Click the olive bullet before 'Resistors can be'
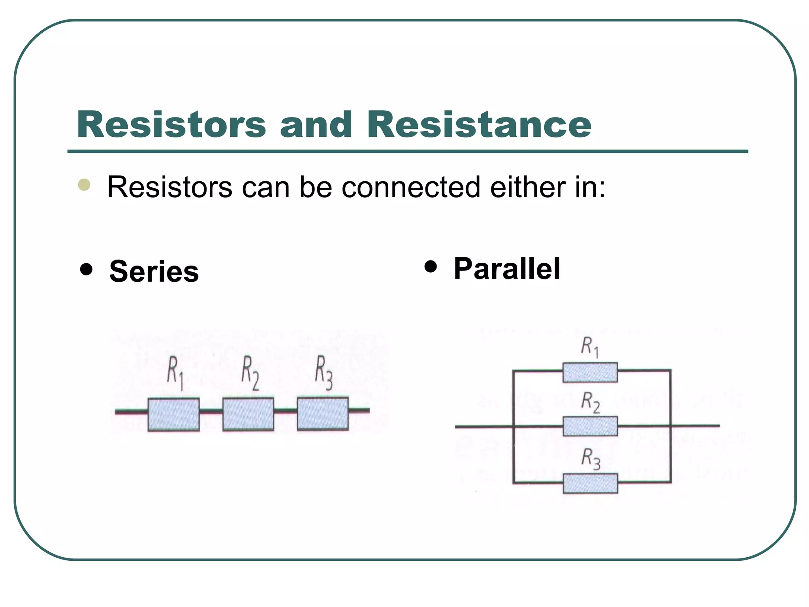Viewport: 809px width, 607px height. tap(84, 185)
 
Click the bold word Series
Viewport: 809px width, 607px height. tap(154, 271)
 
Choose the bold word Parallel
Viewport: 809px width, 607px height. tap(507, 269)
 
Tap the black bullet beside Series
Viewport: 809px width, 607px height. tap(86, 270)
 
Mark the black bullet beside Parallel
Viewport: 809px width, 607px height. tap(431, 266)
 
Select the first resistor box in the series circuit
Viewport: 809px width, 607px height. tap(173, 414)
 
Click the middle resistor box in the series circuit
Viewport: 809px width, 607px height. tap(248, 414)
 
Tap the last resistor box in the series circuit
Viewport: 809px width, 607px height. tap(323, 413)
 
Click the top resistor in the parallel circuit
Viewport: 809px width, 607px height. tap(590, 372)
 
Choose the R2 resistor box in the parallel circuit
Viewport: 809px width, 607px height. tap(590, 426)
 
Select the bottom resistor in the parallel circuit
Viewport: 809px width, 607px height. tap(590, 483)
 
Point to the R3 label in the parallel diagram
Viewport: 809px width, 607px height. tap(591, 460)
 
